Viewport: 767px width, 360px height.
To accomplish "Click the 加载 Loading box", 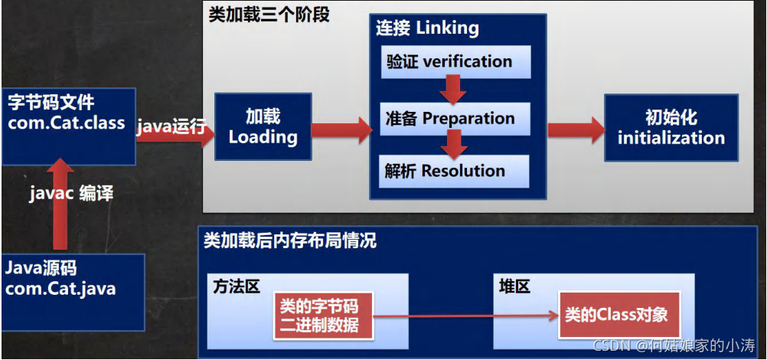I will pyautogui.click(x=263, y=127).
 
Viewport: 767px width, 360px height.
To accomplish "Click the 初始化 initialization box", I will pyautogui.click(x=671, y=128).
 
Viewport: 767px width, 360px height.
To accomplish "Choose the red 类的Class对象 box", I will pyautogui.click(x=616, y=315).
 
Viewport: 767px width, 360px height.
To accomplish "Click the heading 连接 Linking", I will pyautogui.click(x=427, y=29).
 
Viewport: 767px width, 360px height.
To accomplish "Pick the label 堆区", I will pyautogui.click(x=514, y=286).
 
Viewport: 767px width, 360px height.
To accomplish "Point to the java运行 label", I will pyautogui.click(x=171, y=126).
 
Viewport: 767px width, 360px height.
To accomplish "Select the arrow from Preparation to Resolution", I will pyautogui.click(x=457, y=142).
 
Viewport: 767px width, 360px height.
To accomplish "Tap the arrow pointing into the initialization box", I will pyautogui.click(x=576, y=128).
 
